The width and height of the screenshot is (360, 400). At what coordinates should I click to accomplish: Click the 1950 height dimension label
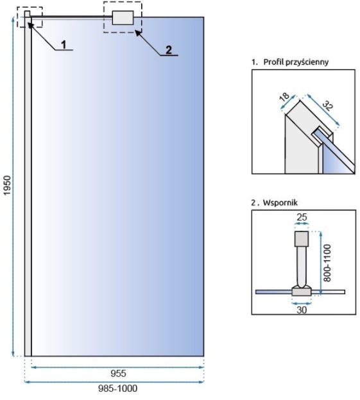pyautogui.click(x=8, y=185)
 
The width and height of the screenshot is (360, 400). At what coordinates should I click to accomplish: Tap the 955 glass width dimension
pyautogui.click(x=118, y=374)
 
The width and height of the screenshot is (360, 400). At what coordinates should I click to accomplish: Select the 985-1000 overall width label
pyautogui.click(x=117, y=388)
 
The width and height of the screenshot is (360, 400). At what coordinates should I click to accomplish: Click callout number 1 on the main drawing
pyautogui.click(x=64, y=44)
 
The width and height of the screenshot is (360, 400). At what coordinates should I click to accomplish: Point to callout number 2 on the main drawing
pyautogui.click(x=169, y=50)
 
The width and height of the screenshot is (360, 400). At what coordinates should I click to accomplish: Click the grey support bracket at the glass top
pyautogui.click(x=123, y=18)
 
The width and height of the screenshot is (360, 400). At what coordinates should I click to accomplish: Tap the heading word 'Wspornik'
pyautogui.click(x=280, y=203)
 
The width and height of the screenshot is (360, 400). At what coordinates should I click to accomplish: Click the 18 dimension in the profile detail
pyautogui.click(x=284, y=97)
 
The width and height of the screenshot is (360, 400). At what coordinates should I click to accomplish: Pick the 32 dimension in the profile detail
pyautogui.click(x=327, y=106)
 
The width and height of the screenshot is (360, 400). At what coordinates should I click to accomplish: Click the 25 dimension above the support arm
pyautogui.click(x=302, y=217)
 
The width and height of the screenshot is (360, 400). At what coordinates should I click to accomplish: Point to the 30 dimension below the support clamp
pyautogui.click(x=302, y=310)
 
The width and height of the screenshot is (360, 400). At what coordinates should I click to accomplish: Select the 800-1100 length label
pyautogui.click(x=327, y=263)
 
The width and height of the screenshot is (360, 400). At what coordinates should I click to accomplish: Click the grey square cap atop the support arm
pyautogui.click(x=302, y=238)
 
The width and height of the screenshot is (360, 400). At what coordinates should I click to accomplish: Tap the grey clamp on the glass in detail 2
pyautogui.click(x=302, y=291)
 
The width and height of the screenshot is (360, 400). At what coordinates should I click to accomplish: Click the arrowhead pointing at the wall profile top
pyautogui.click(x=30, y=24)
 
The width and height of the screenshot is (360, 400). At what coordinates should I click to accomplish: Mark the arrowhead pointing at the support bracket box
pyautogui.click(x=138, y=33)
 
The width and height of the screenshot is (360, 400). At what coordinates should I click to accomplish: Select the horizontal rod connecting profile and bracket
pyautogui.click(x=72, y=17)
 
